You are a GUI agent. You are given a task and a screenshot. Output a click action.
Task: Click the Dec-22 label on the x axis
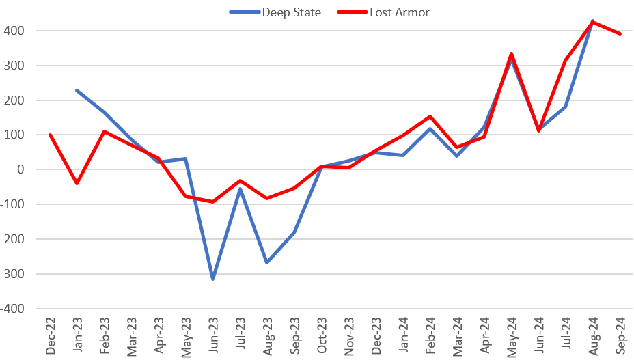click(50, 337)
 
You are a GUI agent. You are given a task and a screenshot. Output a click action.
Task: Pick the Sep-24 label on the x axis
click(620, 337)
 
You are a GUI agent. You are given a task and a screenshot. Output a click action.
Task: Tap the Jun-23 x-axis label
click(212, 337)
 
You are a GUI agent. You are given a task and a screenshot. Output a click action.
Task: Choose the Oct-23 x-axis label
click(321, 337)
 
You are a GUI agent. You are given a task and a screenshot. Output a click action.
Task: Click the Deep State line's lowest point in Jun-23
click(212, 279)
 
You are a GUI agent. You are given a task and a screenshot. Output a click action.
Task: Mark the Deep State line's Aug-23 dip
click(267, 262)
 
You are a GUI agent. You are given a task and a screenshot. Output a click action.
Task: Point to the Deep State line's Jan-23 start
click(77, 90)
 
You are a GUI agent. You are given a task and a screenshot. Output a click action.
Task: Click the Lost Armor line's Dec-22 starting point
click(50, 135)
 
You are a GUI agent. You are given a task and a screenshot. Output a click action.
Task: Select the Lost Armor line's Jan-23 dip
click(77, 183)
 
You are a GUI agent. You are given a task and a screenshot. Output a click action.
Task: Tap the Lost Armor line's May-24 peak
click(512, 53)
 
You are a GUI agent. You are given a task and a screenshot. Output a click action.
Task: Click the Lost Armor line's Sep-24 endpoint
click(620, 33)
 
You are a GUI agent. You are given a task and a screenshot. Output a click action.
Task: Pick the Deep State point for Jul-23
click(240, 189)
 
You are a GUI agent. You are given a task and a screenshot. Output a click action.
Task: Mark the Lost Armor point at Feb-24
click(430, 116)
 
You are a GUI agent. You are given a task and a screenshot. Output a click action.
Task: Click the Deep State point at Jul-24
click(566, 107)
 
